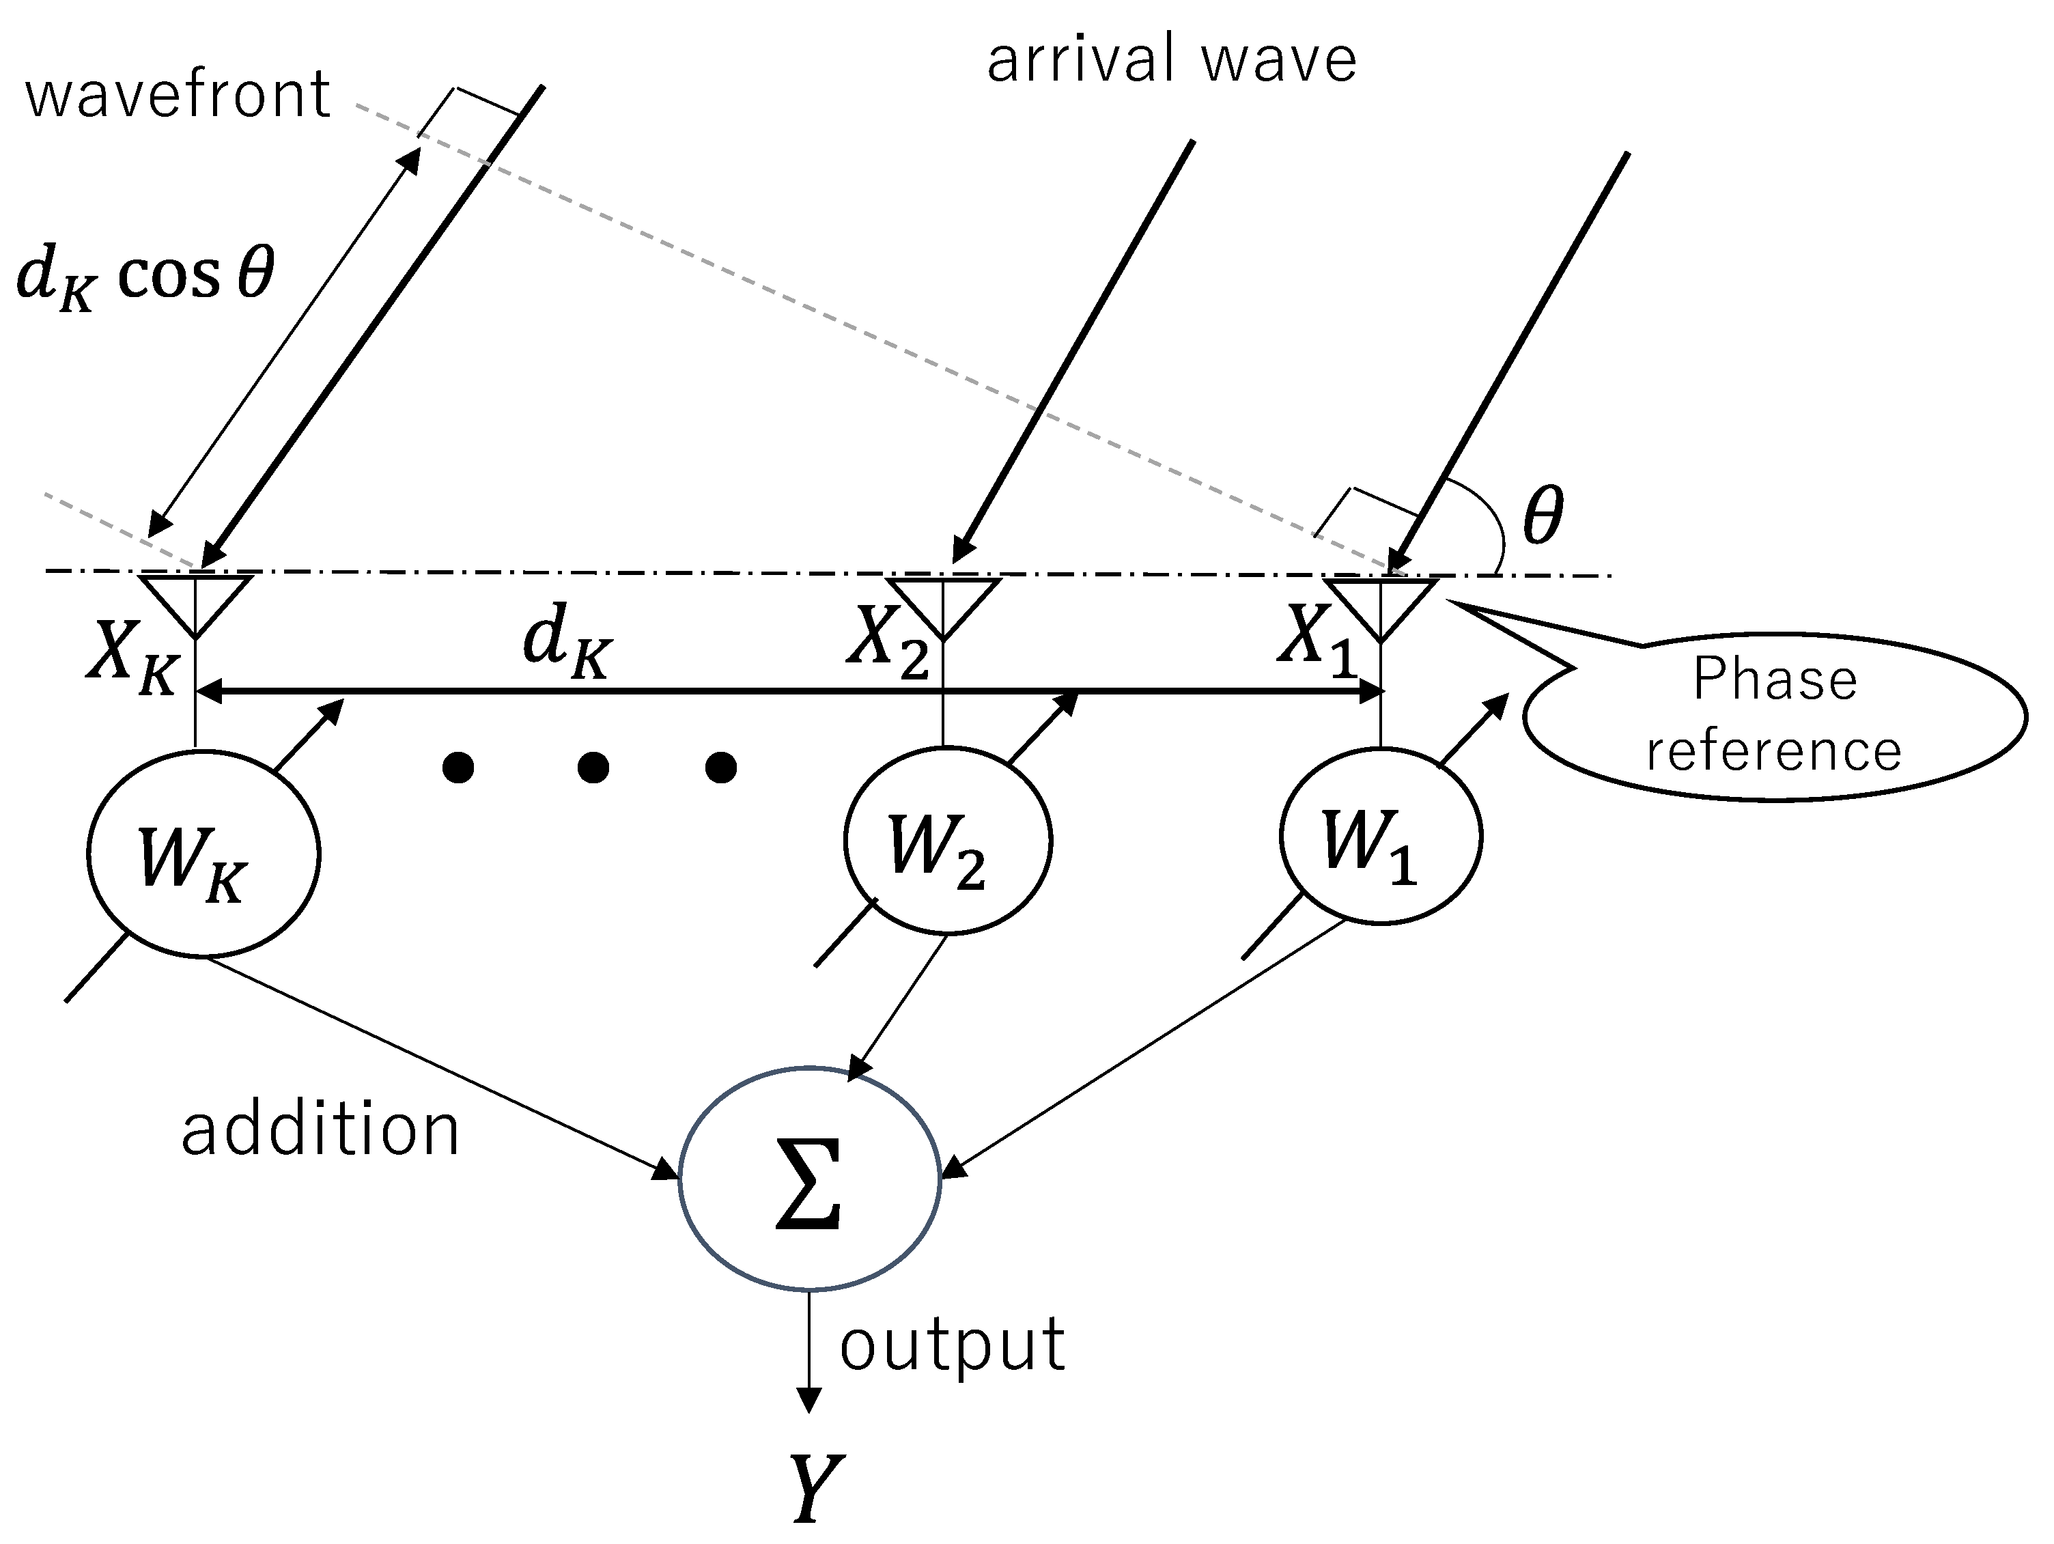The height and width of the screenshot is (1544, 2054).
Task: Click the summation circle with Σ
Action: (810, 1178)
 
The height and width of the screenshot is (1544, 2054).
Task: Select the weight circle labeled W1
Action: (1380, 837)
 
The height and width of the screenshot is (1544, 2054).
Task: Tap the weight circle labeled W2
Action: (947, 840)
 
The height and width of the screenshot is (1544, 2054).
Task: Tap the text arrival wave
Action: (1171, 59)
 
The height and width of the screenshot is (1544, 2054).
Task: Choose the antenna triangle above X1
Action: (1381, 602)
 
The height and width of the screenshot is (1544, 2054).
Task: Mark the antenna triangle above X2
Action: (942, 602)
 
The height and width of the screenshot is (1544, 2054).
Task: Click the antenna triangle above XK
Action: (195, 599)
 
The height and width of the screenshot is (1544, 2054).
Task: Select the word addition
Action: (320, 1130)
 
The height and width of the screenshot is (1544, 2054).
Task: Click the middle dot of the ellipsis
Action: (593, 768)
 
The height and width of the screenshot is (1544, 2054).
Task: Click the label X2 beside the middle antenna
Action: (887, 641)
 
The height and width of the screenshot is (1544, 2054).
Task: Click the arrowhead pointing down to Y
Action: (810, 1400)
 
